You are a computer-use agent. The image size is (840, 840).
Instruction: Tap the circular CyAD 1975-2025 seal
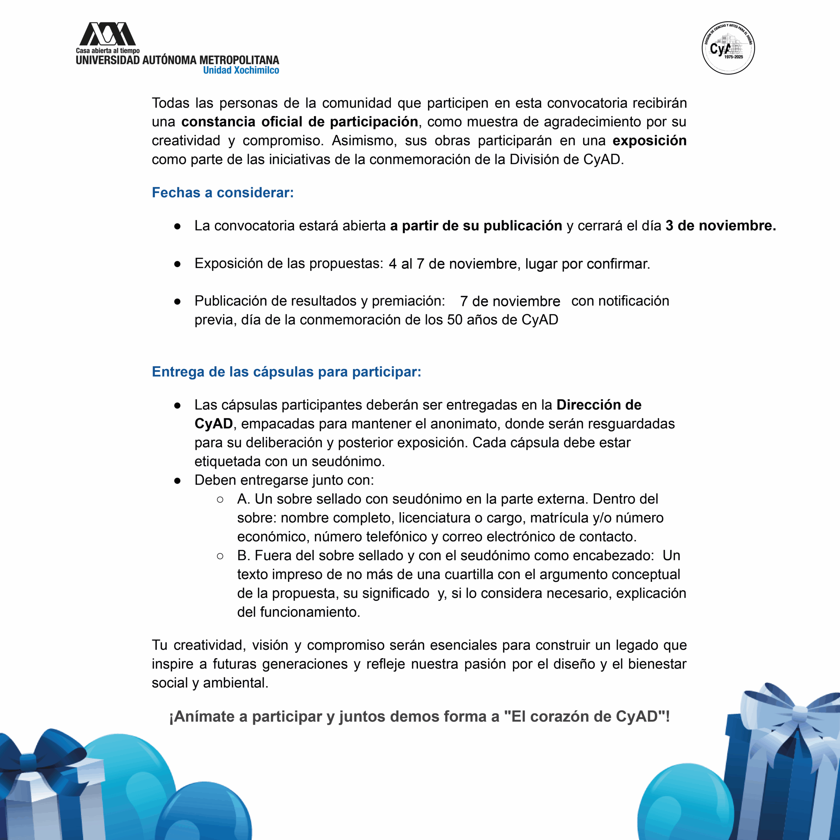tap(728, 48)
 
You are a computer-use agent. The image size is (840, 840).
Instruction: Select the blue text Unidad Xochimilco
tap(241, 71)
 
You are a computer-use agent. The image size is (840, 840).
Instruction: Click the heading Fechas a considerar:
tap(222, 193)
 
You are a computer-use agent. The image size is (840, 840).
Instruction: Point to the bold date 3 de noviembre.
tap(721, 226)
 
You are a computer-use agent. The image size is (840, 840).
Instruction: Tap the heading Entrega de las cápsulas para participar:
tap(286, 372)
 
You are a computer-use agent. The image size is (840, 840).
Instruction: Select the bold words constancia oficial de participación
tap(300, 122)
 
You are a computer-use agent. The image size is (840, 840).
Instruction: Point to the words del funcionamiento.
tap(298, 612)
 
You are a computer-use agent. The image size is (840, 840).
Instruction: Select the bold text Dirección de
tap(599, 405)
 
